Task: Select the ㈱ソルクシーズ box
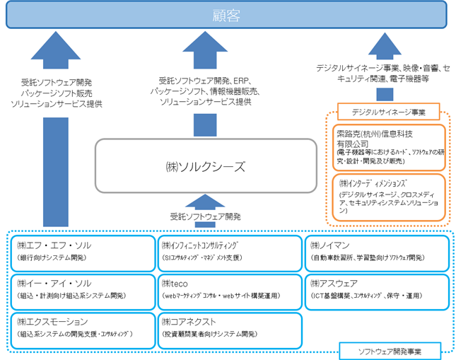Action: click(x=205, y=167)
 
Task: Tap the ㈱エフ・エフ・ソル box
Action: click(x=84, y=251)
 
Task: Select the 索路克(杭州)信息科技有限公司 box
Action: click(x=387, y=147)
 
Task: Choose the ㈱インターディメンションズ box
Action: click(x=387, y=197)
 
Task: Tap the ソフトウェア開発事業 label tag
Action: click(x=390, y=349)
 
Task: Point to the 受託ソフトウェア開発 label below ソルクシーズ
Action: click(x=205, y=216)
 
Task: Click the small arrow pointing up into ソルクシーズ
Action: click(x=205, y=201)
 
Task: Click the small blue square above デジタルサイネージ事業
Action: click(x=383, y=94)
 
